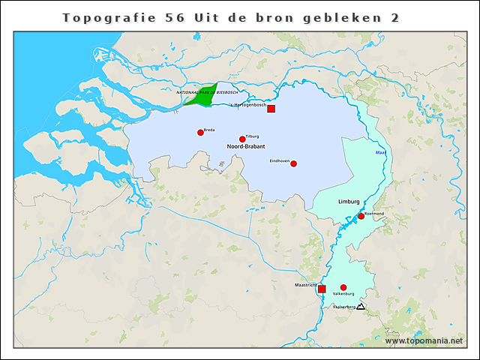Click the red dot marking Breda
(x=200, y=133)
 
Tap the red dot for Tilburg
(x=242, y=139)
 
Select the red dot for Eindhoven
(x=293, y=163)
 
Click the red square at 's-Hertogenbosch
(x=271, y=109)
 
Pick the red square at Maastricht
(x=322, y=289)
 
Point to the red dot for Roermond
(x=361, y=216)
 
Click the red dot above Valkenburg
(x=343, y=287)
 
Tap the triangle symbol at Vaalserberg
(x=361, y=307)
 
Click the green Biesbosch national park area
(x=201, y=96)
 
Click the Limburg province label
(x=349, y=202)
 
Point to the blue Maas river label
(x=380, y=153)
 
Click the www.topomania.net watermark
(x=424, y=341)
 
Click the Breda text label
(x=209, y=130)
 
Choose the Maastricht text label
(x=304, y=284)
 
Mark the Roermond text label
(x=374, y=213)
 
